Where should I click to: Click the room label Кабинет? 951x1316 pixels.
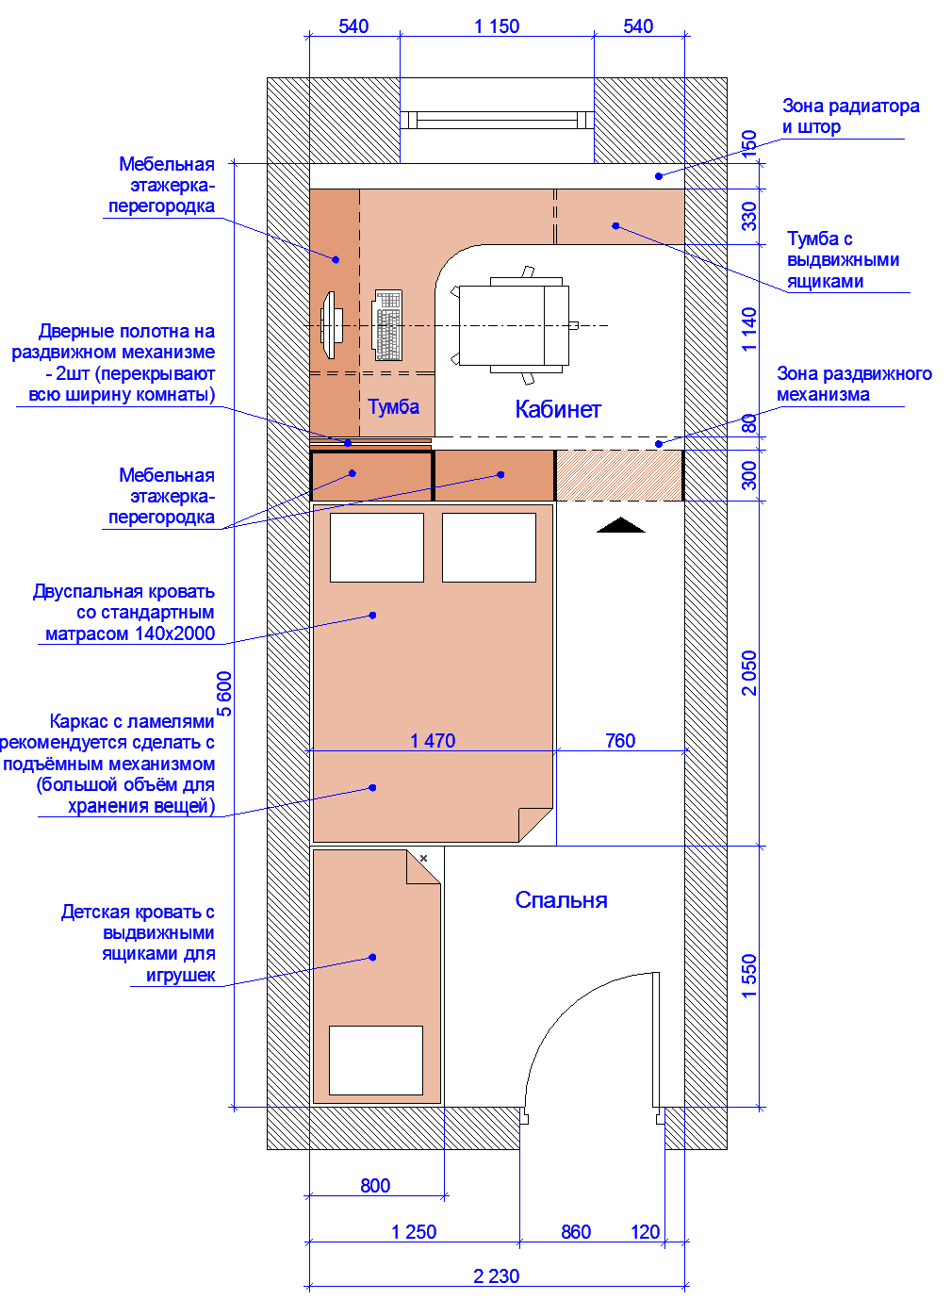[x=557, y=409]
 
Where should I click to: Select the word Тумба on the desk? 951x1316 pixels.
[x=394, y=406]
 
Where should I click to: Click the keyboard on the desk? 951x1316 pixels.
[x=387, y=325]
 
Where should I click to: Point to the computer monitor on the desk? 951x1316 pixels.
[x=332, y=325]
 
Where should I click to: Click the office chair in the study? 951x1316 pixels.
[x=512, y=325]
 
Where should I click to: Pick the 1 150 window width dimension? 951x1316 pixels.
[x=497, y=26]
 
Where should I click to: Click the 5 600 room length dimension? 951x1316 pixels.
[x=224, y=694]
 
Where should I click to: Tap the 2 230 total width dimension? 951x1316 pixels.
[x=497, y=1276]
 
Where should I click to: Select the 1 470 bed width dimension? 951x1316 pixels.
[x=433, y=741]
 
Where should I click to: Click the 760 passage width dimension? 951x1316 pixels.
[x=620, y=741]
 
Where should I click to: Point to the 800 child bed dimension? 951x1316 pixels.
[x=375, y=1186]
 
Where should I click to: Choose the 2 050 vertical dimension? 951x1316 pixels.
[x=749, y=673]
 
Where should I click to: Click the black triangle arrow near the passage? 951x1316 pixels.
[x=621, y=525]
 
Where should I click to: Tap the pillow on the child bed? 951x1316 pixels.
[x=376, y=1061]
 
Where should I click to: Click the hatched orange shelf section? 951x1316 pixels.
[x=619, y=475]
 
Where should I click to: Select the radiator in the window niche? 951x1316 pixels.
[x=497, y=120]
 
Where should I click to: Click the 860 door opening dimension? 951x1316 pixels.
[x=576, y=1232]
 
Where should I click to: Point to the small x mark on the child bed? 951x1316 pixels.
[x=423, y=859]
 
